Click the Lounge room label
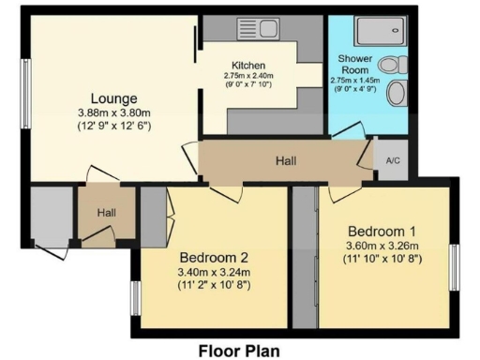coord(114,98)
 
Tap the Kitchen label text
coord(248,65)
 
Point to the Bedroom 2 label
coord(215,258)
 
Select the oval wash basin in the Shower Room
coord(397,95)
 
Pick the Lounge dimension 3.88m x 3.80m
coord(114,114)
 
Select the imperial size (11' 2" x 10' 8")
coord(215,288)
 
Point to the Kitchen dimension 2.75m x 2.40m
coord(248,75)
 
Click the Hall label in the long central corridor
coord(286,161)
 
